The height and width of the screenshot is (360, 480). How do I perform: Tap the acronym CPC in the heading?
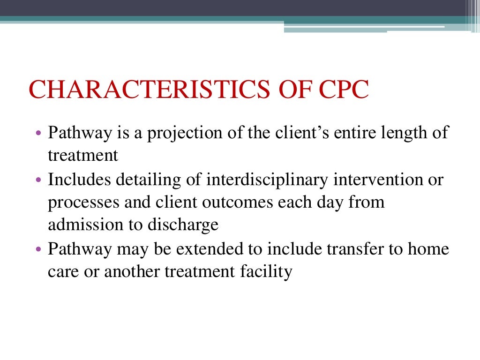(342, 90)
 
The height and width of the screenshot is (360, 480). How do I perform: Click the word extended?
(209, 249)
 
